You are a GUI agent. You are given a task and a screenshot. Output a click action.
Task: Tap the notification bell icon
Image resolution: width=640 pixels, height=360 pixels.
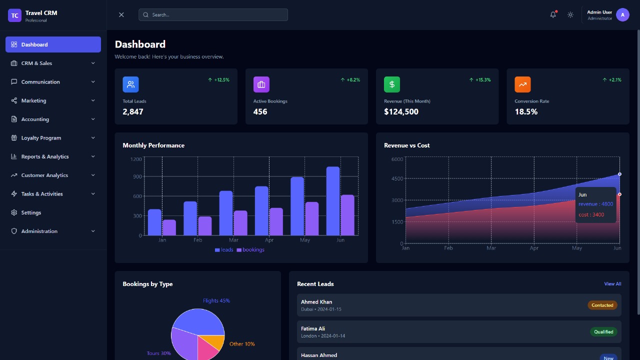(x=553, y=14)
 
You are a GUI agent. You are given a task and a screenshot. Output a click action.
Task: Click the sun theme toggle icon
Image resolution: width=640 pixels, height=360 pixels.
(x=570, y=14)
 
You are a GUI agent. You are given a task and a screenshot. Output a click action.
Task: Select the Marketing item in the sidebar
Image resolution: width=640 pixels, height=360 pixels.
(x=33, y=100)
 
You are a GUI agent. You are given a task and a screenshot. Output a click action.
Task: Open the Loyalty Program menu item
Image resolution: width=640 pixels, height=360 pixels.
(x=41, y=138)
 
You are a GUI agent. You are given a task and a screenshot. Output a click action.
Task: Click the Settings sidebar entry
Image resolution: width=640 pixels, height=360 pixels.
(x=31, y=212)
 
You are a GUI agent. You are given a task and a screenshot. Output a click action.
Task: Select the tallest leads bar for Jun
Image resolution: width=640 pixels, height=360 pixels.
(x=333, y=200)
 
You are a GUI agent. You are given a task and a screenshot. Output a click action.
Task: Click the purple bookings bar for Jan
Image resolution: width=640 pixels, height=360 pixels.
(x=169, y=227)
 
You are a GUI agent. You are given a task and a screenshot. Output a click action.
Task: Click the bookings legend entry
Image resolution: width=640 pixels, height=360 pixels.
(x=250, y=249)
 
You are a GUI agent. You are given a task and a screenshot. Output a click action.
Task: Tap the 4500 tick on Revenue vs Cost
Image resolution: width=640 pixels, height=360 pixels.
(x=397, y=178)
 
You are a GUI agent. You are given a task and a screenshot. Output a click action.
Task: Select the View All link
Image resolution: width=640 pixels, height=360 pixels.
(x=612, y=284)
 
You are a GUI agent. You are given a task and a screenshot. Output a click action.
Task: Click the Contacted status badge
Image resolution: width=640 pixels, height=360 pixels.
(x=602, y=305)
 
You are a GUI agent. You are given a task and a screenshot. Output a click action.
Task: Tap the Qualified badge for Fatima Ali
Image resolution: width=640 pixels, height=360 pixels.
(x=603, y=331)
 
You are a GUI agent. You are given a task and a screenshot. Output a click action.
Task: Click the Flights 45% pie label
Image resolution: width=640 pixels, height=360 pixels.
(x=216, y=300)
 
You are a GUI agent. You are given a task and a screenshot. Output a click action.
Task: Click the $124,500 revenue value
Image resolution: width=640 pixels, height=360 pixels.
(x=401, y=111)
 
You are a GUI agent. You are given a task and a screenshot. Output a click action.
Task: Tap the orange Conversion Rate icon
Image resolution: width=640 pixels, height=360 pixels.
(x=522, y=84)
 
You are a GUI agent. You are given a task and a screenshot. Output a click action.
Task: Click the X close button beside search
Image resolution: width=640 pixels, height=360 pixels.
(x=121, y=14)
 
